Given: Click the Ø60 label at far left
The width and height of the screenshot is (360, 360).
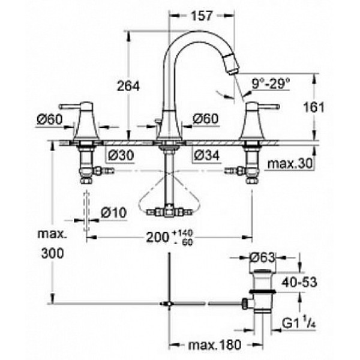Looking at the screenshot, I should (x=49, y=120).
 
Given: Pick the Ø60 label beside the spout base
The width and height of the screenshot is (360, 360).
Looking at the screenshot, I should (x=206, y=120).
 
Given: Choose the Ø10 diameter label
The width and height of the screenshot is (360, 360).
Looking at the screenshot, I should (x=112, y=212).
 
